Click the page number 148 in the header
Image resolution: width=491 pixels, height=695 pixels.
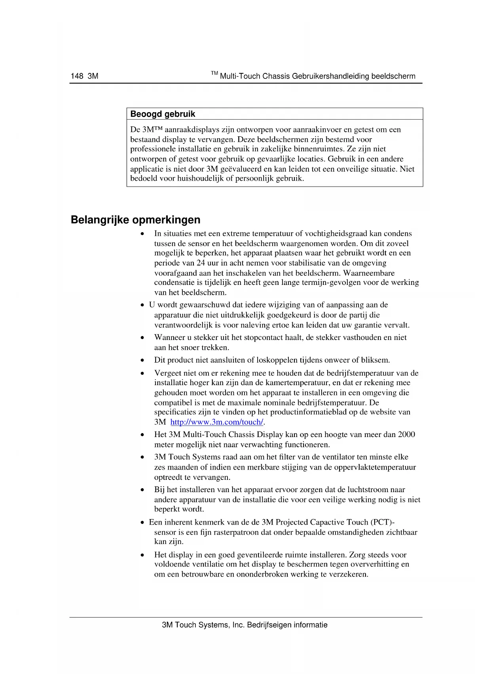(x=77, y=76)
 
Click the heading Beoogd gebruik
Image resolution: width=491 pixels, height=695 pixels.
(x=163, y=114)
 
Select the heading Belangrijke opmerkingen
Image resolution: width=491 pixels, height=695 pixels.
(x=135, y=220)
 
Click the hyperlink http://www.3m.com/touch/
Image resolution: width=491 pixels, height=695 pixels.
(x=217, y=422)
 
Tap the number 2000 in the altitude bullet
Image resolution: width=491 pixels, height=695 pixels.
(x=406, y=434)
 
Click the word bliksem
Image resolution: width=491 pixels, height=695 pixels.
(x=375, y=360)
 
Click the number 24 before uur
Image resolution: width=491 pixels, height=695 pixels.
(x=201, y=263)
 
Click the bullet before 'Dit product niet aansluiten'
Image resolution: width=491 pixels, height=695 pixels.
(x=142, y=361)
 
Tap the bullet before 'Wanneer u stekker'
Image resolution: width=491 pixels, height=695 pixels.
(x=142, y=338)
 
